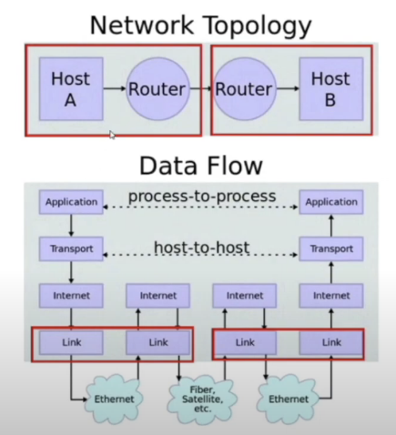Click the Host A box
point(71,89)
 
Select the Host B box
point(331,89)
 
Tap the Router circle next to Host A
point(157,89)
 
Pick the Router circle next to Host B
point(245,89)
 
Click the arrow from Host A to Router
point(115,88)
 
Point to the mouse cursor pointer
point(112,135)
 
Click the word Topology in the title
point(257,26)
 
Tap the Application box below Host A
point(71,202)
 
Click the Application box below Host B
point(331,202)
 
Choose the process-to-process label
point(202,196)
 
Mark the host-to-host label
point(202,248)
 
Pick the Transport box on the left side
point(71,248)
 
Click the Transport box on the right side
point(331,248)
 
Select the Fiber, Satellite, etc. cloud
point(202,399)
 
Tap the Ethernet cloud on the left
point(114,399)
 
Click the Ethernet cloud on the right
point(289,399)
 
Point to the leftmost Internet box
point(71,296)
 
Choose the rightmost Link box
point(331,342)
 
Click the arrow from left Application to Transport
point(71,226)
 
